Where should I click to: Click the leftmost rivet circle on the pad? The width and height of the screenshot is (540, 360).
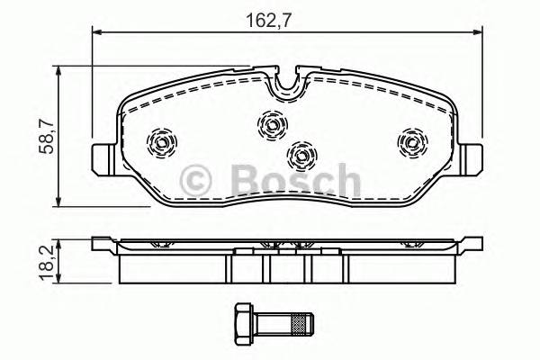[x=163, y=141]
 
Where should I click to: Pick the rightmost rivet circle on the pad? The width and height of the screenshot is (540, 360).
[x=411, y=141]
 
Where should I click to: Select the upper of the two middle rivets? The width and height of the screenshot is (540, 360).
[x=271, y=123]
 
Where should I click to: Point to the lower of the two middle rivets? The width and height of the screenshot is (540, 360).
[x=300, y=155]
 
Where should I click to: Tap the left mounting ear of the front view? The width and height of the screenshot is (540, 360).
[x=103, y=158]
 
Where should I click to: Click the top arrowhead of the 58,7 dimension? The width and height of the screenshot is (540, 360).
[x=59, y=69]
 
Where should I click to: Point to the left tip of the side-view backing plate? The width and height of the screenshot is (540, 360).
[x=94, y=241]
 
